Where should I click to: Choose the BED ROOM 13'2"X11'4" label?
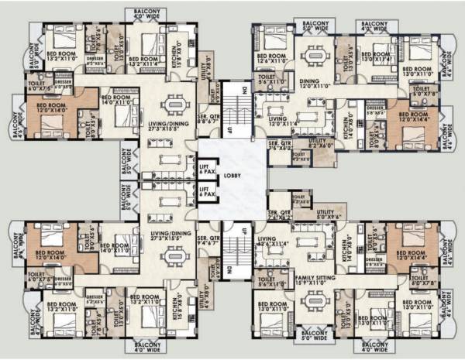click(x=145, y=60)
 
